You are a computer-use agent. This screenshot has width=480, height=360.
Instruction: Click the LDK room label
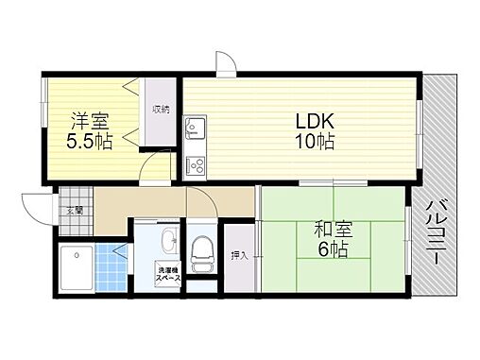tap(315, 121)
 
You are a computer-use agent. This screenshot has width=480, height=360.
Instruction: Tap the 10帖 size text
tap(315, 141)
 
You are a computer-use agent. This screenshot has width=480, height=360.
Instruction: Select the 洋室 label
tap(90, 121)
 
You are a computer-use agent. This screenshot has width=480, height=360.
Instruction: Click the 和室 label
tap(334, 230)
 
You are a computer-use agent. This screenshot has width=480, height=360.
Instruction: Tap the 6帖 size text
tap(333, 249)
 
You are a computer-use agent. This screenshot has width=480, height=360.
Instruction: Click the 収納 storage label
tap(161, 110)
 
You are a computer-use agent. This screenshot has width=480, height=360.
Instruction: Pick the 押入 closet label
tap(240, 255)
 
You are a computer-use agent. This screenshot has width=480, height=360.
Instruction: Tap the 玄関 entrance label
tap(75, 211)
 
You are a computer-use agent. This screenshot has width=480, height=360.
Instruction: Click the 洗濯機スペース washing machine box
tap(168, 274)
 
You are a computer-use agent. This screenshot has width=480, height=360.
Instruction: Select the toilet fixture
tap(202, 254)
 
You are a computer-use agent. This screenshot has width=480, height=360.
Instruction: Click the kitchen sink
tap(196, 128)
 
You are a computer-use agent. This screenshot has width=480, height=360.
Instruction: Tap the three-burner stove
tap(196, 166)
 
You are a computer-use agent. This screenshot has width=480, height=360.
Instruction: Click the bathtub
tap(77, 268)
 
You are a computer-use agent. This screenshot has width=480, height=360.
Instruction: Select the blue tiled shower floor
tap(111, 267)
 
